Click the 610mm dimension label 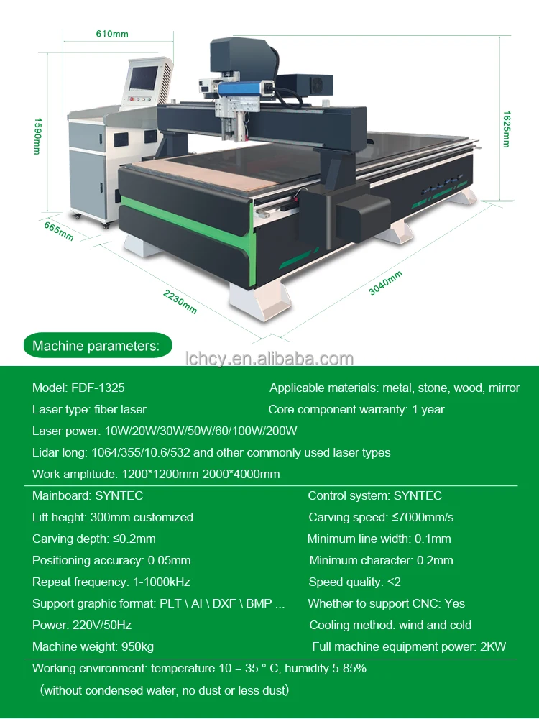111,34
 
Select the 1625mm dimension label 506,129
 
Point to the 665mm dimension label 58,232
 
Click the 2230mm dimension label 179,301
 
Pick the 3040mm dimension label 386,283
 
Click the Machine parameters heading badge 96,346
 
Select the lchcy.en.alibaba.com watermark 269,359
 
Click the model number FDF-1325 98,388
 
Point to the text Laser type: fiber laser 89,409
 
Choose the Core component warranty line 356,409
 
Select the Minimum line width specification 379,539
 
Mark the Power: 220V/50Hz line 82,625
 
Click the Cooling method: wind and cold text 390,625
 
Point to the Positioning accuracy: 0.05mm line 111,560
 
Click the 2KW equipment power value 492,646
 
